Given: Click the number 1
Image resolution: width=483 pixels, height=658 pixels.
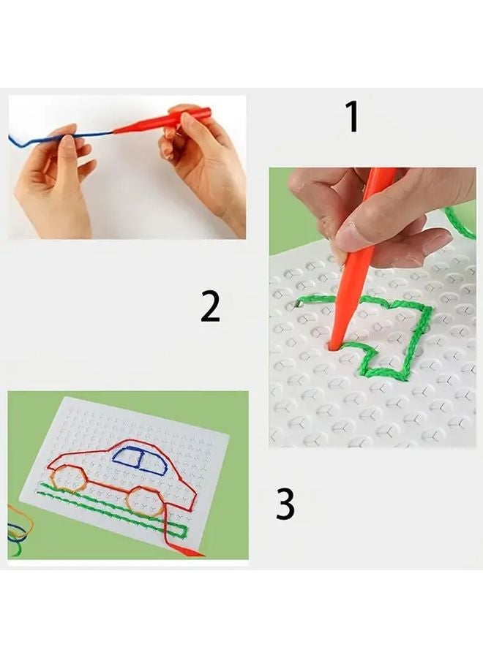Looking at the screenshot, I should pos(352,117).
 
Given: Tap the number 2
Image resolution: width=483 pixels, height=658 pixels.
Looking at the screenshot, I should pos(210,307).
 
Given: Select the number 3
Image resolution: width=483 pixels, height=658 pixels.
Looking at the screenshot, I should pos(285,504).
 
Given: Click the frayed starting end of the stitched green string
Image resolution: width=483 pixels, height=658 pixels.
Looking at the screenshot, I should pos(299,302).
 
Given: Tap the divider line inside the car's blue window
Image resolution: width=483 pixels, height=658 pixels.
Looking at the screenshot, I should pos(138,458).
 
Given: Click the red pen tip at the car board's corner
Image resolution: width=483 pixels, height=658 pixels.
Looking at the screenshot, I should pos(194,553).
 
